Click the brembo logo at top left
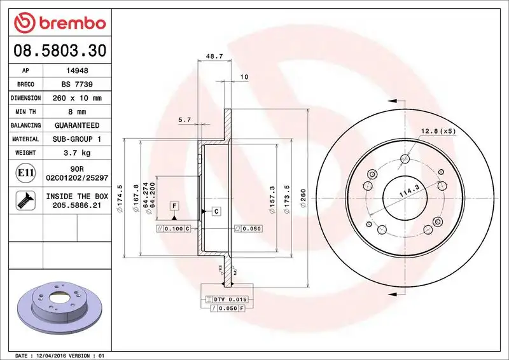(59, 24)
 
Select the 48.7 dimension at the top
(214, 57)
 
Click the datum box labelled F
(173, 205)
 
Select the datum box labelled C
(216, 211)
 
